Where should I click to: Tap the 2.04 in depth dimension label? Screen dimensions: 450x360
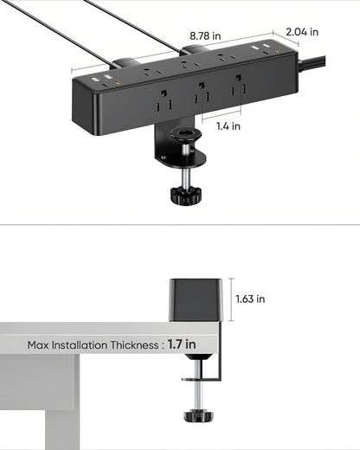pyautogui.click(x=302, y=32)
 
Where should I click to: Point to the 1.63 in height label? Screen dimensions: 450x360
pyautogui.click(x=250, y=299)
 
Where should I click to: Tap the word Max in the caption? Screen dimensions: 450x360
pyautogui.click(x=39, y=345)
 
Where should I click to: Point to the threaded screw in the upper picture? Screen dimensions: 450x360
pyautogui.click(x=183, y=168)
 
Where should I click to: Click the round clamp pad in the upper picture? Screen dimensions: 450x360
pyautogui.click(x=183, y=134)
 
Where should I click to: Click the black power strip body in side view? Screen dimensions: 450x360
pyautogui.click(x=197, y=300)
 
